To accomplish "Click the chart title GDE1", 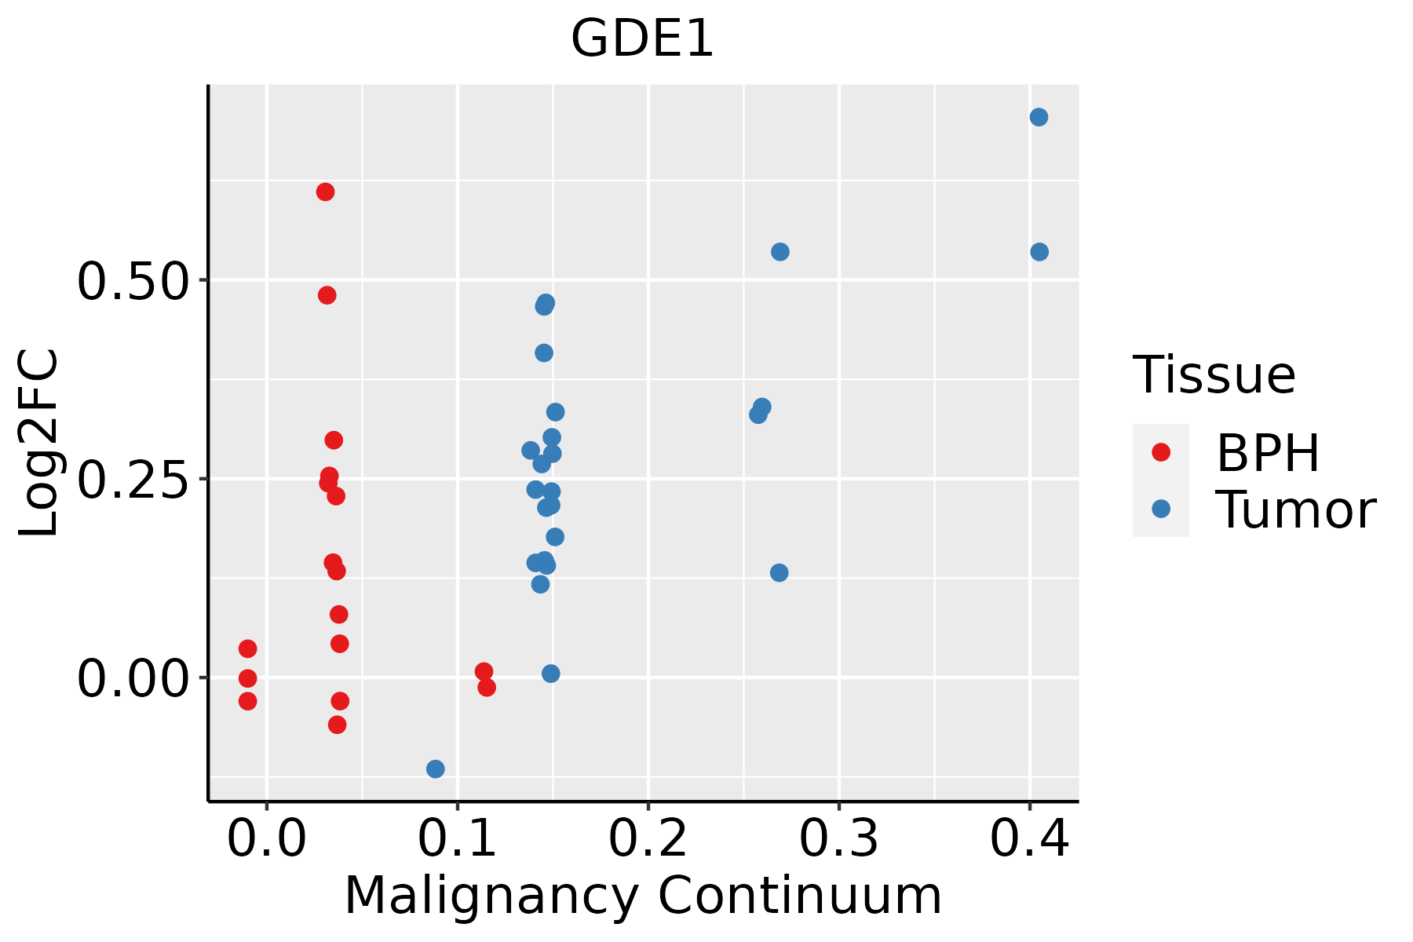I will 642,39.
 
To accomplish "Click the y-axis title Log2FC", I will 39,443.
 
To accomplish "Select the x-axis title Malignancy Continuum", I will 642,896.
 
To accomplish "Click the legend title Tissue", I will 1214,375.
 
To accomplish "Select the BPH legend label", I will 1268,453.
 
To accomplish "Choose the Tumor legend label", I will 1295,510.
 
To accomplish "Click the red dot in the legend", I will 1160,452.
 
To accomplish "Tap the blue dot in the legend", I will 1160,509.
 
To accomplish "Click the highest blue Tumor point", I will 1039,117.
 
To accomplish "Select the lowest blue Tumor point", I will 435,769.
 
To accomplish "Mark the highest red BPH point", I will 325,192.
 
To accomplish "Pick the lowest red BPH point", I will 337,725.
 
